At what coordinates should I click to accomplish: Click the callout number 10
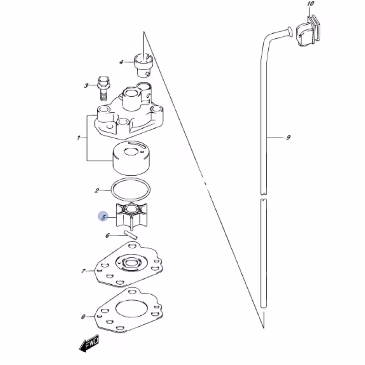pos(311,4)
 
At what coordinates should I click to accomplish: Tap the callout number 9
pos(288,137)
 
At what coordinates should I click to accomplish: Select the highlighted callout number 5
pos(103,217)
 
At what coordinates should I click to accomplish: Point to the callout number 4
pos(121,62)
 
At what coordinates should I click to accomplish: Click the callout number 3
pos(86,86)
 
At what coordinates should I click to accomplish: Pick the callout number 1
pos(78,138)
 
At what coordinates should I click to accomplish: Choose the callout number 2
pos(97,191)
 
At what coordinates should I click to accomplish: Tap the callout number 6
pos(107,235)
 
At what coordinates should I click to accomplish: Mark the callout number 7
pos(83,271)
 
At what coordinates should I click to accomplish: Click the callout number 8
pos(83,317)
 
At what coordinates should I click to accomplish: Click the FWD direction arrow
pos(89,344)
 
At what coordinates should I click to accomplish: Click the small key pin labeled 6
pos(131,235)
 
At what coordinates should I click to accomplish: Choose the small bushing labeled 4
pos(143,65)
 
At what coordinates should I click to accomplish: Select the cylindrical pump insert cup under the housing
pos(131,158)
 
